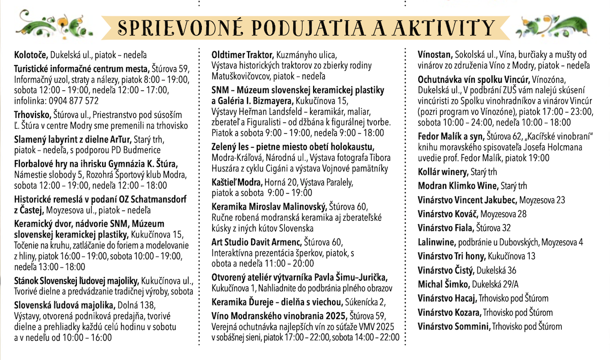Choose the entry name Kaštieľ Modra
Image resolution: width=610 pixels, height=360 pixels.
(x=236, y=182)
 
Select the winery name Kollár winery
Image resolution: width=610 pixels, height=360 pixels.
(x=443, y=172)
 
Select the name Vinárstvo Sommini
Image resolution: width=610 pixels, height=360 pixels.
(x=454, y=326)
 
